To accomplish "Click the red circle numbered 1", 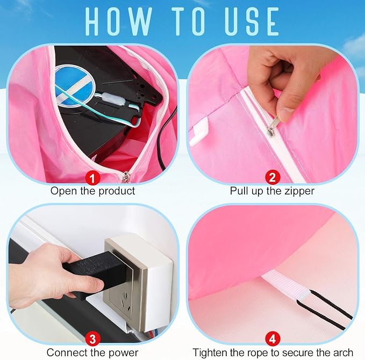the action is [92, 178].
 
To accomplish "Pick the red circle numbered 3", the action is [92, 339].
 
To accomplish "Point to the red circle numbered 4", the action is [273, 339].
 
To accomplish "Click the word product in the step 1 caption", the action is [117, 191].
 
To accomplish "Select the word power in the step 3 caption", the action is [124, 353].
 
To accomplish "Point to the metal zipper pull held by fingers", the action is [273, 127].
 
